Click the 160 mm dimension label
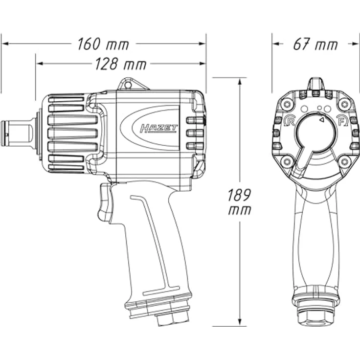tap(103, 45)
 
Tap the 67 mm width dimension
tap(315, 45)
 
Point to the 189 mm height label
tap(239, 202)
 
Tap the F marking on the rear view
tap(342, 122)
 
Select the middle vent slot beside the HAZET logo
tap(195, 133)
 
